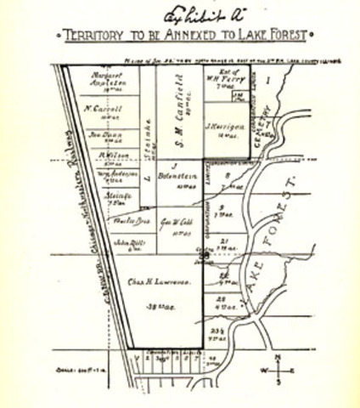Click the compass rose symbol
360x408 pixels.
(281, 368)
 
